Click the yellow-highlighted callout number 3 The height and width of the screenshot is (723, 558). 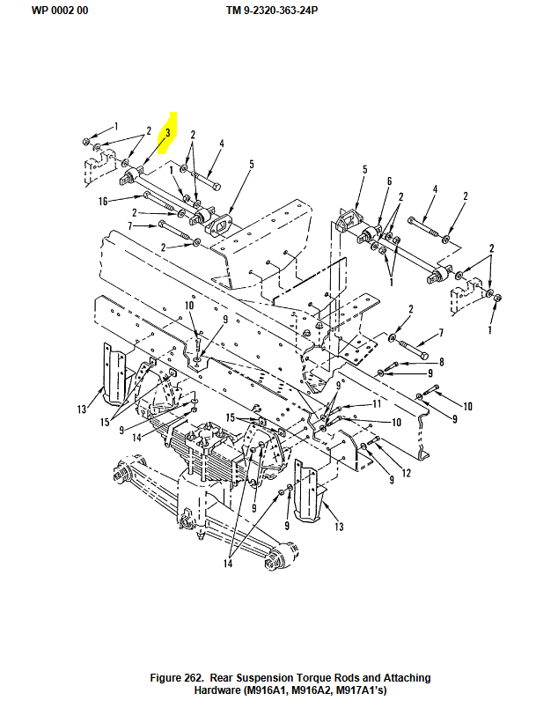[168, 133]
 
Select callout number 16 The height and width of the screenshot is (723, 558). [103, 201]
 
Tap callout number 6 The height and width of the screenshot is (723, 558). [389, 181]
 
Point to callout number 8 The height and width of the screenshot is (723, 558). [442, 362]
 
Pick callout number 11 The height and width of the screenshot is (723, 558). [377, 404]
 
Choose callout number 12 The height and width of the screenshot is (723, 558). [407, 473]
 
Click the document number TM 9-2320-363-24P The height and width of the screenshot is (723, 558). [272, 11]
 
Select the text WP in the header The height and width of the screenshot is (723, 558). [40, 11]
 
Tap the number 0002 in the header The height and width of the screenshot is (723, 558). [62, 11]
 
